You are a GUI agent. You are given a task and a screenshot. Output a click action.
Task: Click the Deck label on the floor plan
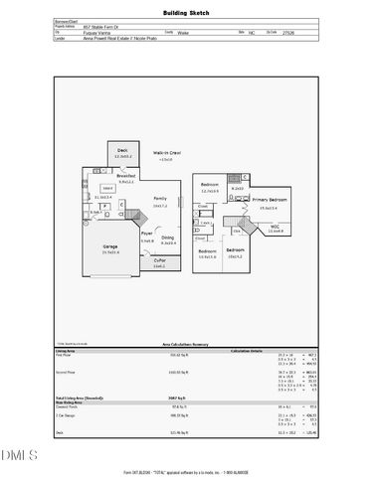(x=124, y=152)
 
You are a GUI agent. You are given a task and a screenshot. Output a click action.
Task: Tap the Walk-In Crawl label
(x=167, y=154)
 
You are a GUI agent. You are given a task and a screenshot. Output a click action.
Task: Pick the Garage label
(x=111, y=247)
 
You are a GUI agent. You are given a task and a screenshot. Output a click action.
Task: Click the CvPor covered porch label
(x=158, y=262)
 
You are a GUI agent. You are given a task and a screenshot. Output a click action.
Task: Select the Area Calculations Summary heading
(x=184, y=343)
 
